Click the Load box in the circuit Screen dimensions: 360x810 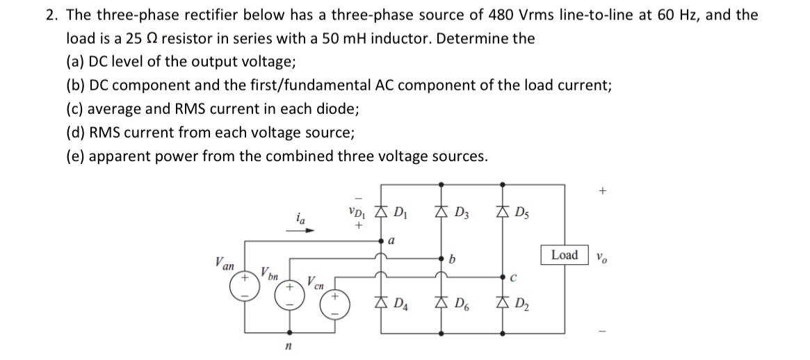pos(564,255)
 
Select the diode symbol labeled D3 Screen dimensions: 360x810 pos(439,213)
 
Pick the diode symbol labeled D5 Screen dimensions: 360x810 pos(503,213)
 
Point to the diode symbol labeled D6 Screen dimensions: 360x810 pos(439,302)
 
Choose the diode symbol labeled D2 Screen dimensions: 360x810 pos(503,302)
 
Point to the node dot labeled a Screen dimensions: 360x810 pos(380,241)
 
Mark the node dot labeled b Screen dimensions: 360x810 pos(439,259)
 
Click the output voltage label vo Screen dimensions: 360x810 pos(601,256)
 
